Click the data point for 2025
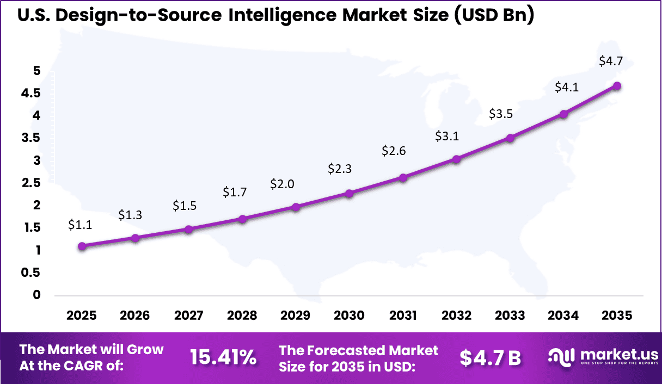coord(82,246)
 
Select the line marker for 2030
coord(350,193)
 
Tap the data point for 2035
coord(617,86)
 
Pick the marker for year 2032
coord(456,159)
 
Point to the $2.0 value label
coord(282,184)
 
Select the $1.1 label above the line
coord(80,224)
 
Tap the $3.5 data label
coord(501,114)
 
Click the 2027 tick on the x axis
coord(188,315)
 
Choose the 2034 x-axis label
coord(563,315)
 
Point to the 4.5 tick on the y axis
coord(30,93)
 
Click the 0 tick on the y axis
coord(37,295)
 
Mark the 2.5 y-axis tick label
coord(30,183)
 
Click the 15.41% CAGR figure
coord(223,357)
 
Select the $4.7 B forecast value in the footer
coord(490,357)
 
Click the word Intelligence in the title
coord(281,16)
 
